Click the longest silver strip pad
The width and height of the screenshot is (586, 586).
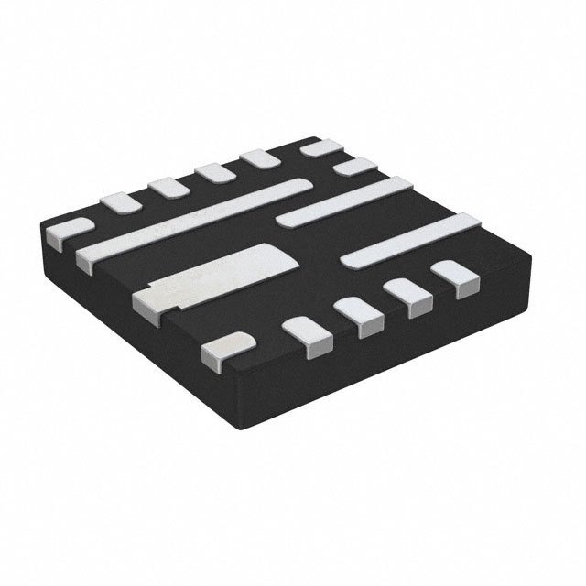[192, 220]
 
